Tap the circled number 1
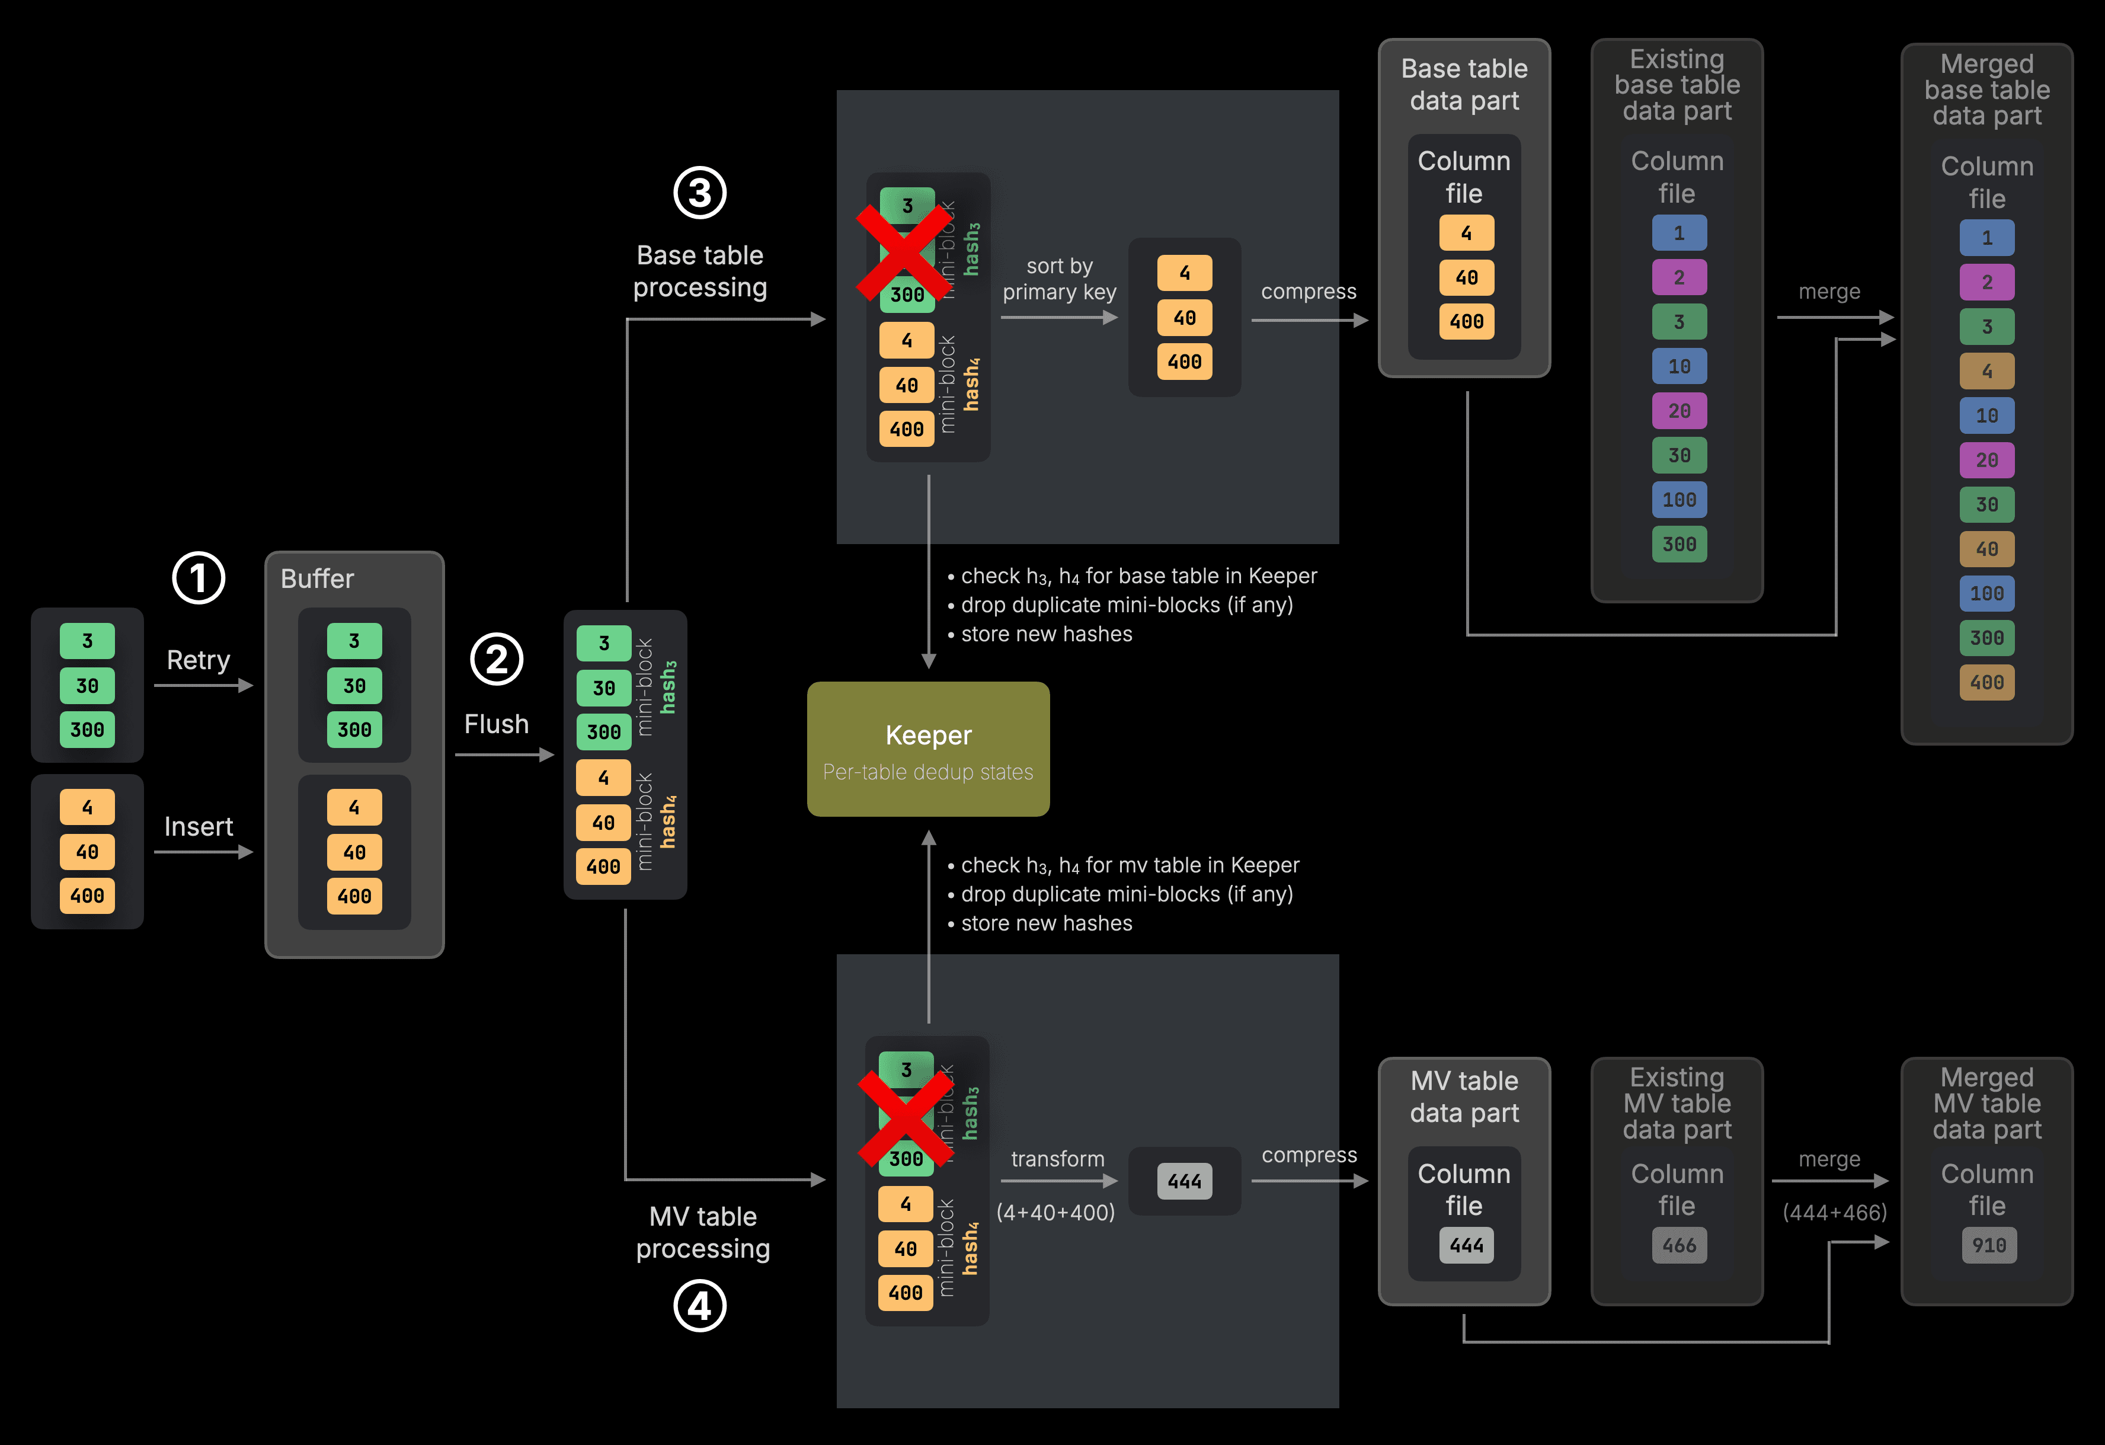pyautogui.click(x=199, y=578)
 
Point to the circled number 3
pyautogui.click(x=699, y=192)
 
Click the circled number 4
pyautogui.click(x=699, y=1306)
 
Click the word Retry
pyautogui.click(x=199, y=660)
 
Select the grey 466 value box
pyautogui.click(x=1678, y=1245)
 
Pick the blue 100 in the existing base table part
pyautogui.click(x=1678, y=499)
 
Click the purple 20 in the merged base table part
pyautogui.click(x=1986, y=460)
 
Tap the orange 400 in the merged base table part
pyautogui.click(x=1986, y=682)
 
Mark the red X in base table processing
pyautogui.click(x=903, y=252)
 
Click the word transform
pyautogui.click(x=1057, y=1159)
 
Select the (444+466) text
pyautogui.click(x=1834, y=1212)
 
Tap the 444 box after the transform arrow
pyautogui.click(x=1184, y=1181)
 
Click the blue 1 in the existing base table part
pyautogui.click(x=1678, y=233)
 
